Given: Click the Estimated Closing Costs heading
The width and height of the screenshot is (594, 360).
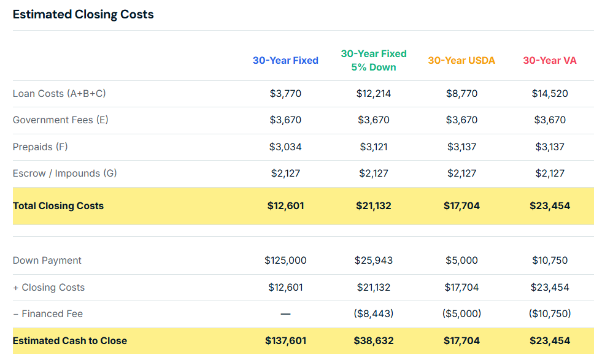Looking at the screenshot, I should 83,14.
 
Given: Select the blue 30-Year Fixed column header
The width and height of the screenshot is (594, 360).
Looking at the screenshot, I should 285,60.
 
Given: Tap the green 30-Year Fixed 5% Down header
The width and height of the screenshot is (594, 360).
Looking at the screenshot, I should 374,60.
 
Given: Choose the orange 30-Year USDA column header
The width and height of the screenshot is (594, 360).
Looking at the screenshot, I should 461,60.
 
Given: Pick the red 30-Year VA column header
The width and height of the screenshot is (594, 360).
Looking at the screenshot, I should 550,60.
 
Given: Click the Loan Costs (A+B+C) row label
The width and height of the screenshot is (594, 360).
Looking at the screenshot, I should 60,94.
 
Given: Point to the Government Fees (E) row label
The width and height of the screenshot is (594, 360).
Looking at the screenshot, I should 61,120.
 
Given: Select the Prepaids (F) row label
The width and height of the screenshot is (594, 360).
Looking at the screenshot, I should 40,147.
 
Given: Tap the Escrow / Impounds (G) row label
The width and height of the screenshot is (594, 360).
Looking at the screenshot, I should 65,174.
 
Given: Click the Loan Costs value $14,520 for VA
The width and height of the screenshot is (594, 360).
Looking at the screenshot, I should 550,94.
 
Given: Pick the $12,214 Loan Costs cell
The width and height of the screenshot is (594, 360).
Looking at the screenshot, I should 374,94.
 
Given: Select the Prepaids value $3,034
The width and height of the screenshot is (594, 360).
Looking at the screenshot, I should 285,147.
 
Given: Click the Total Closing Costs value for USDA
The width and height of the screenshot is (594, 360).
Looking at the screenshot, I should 461,206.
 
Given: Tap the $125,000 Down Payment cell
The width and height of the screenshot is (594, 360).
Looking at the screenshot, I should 285,261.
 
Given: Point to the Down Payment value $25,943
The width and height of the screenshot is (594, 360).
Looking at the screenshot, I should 374,261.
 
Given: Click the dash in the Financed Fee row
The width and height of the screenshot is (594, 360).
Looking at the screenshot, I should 285,314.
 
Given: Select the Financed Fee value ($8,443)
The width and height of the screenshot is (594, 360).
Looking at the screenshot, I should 374,314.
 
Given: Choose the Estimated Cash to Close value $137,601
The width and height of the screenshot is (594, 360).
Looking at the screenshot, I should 285,341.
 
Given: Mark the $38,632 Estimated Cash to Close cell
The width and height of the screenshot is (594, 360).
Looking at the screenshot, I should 374,341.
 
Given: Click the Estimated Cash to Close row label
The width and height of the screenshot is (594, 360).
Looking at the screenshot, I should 70,341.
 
